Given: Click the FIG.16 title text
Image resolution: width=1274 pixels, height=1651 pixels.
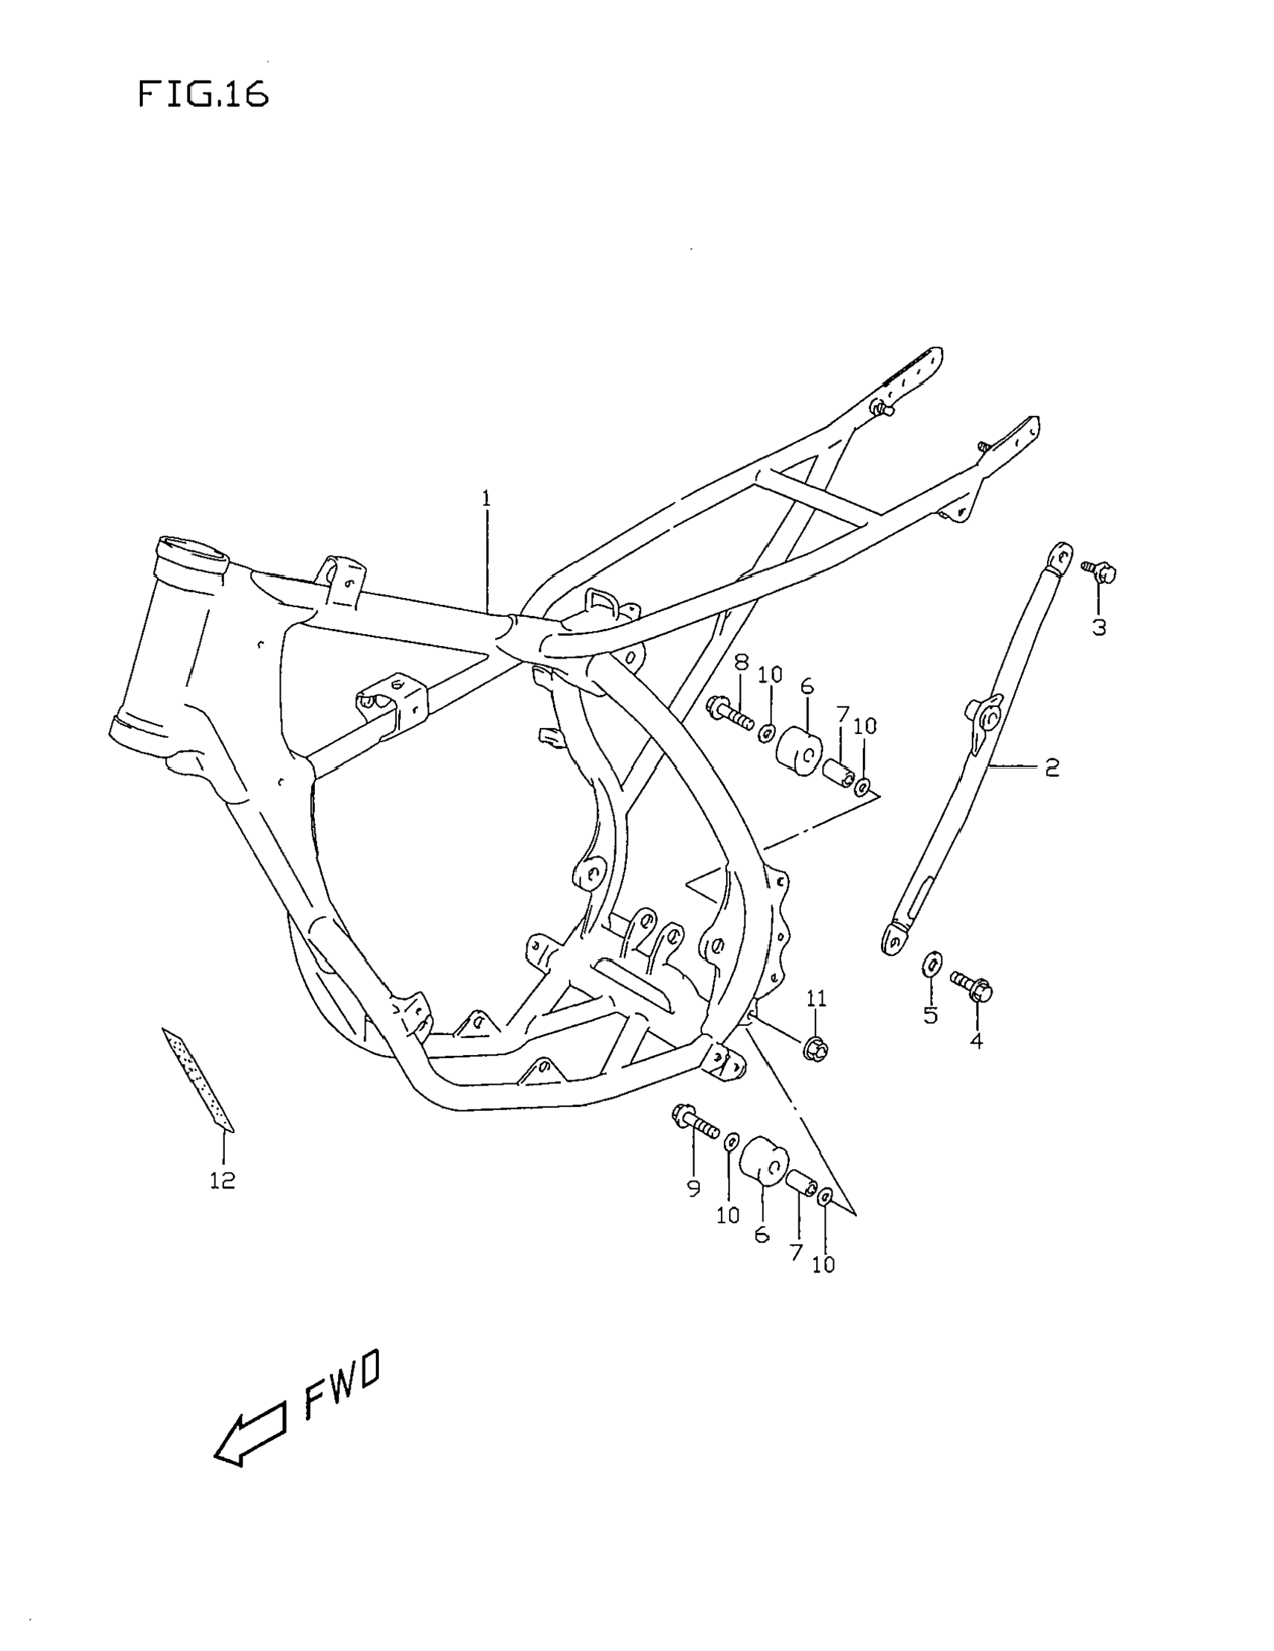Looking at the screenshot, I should [203, 95].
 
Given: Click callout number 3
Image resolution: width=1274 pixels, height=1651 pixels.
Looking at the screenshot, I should [1099, 627].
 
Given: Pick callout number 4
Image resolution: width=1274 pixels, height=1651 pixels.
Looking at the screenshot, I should [976, 1042].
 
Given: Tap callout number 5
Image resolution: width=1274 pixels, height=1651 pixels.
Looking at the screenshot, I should [930, 1015].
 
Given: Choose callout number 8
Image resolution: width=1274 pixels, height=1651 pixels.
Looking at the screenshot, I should [742, 663].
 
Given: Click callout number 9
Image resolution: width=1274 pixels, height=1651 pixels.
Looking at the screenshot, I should [694, 1189].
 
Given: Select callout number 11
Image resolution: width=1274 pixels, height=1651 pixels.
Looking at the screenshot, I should [816, 998].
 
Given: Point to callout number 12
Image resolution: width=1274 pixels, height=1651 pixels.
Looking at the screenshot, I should [223, 1180].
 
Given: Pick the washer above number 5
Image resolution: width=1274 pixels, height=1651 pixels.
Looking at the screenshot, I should [931, 966].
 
